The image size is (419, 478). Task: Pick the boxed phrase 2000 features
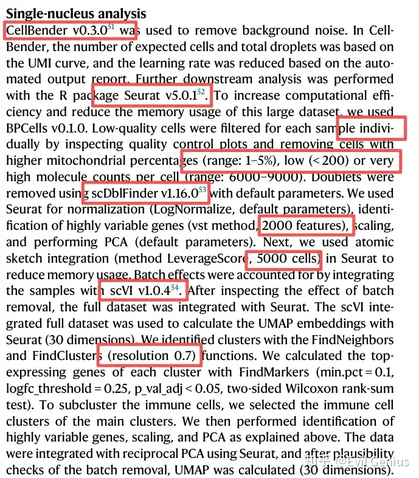pyautogui.click(x=303, y=226)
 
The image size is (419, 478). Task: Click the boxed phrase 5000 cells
pyautogui.click(x=283, y=259)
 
